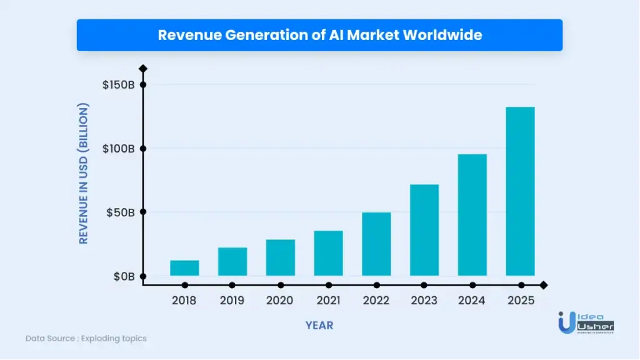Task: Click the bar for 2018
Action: [x=184, y=268]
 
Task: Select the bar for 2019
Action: [x=232, y=262]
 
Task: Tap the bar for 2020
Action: [x=280, y=257]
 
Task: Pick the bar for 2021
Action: [x=328, y=253]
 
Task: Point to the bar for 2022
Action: [x=376, y=244]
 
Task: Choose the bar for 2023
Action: [x=424, y=230]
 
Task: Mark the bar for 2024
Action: [x=472, y=215]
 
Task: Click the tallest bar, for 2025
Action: [x=520, y=191]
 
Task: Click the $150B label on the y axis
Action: [x=118, y=85]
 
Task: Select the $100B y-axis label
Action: [x=118, y=149]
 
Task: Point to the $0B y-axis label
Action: [x=123, y=276]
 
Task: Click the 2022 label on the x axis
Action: [x=376, y=301]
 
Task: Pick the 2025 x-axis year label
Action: [x=521, y=301]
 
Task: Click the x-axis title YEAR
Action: [x=319, y=326]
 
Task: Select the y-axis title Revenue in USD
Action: [x=84, y=172]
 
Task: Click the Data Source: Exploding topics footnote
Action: [x=86, y=338]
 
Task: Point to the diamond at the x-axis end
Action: [x=543, y=285]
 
